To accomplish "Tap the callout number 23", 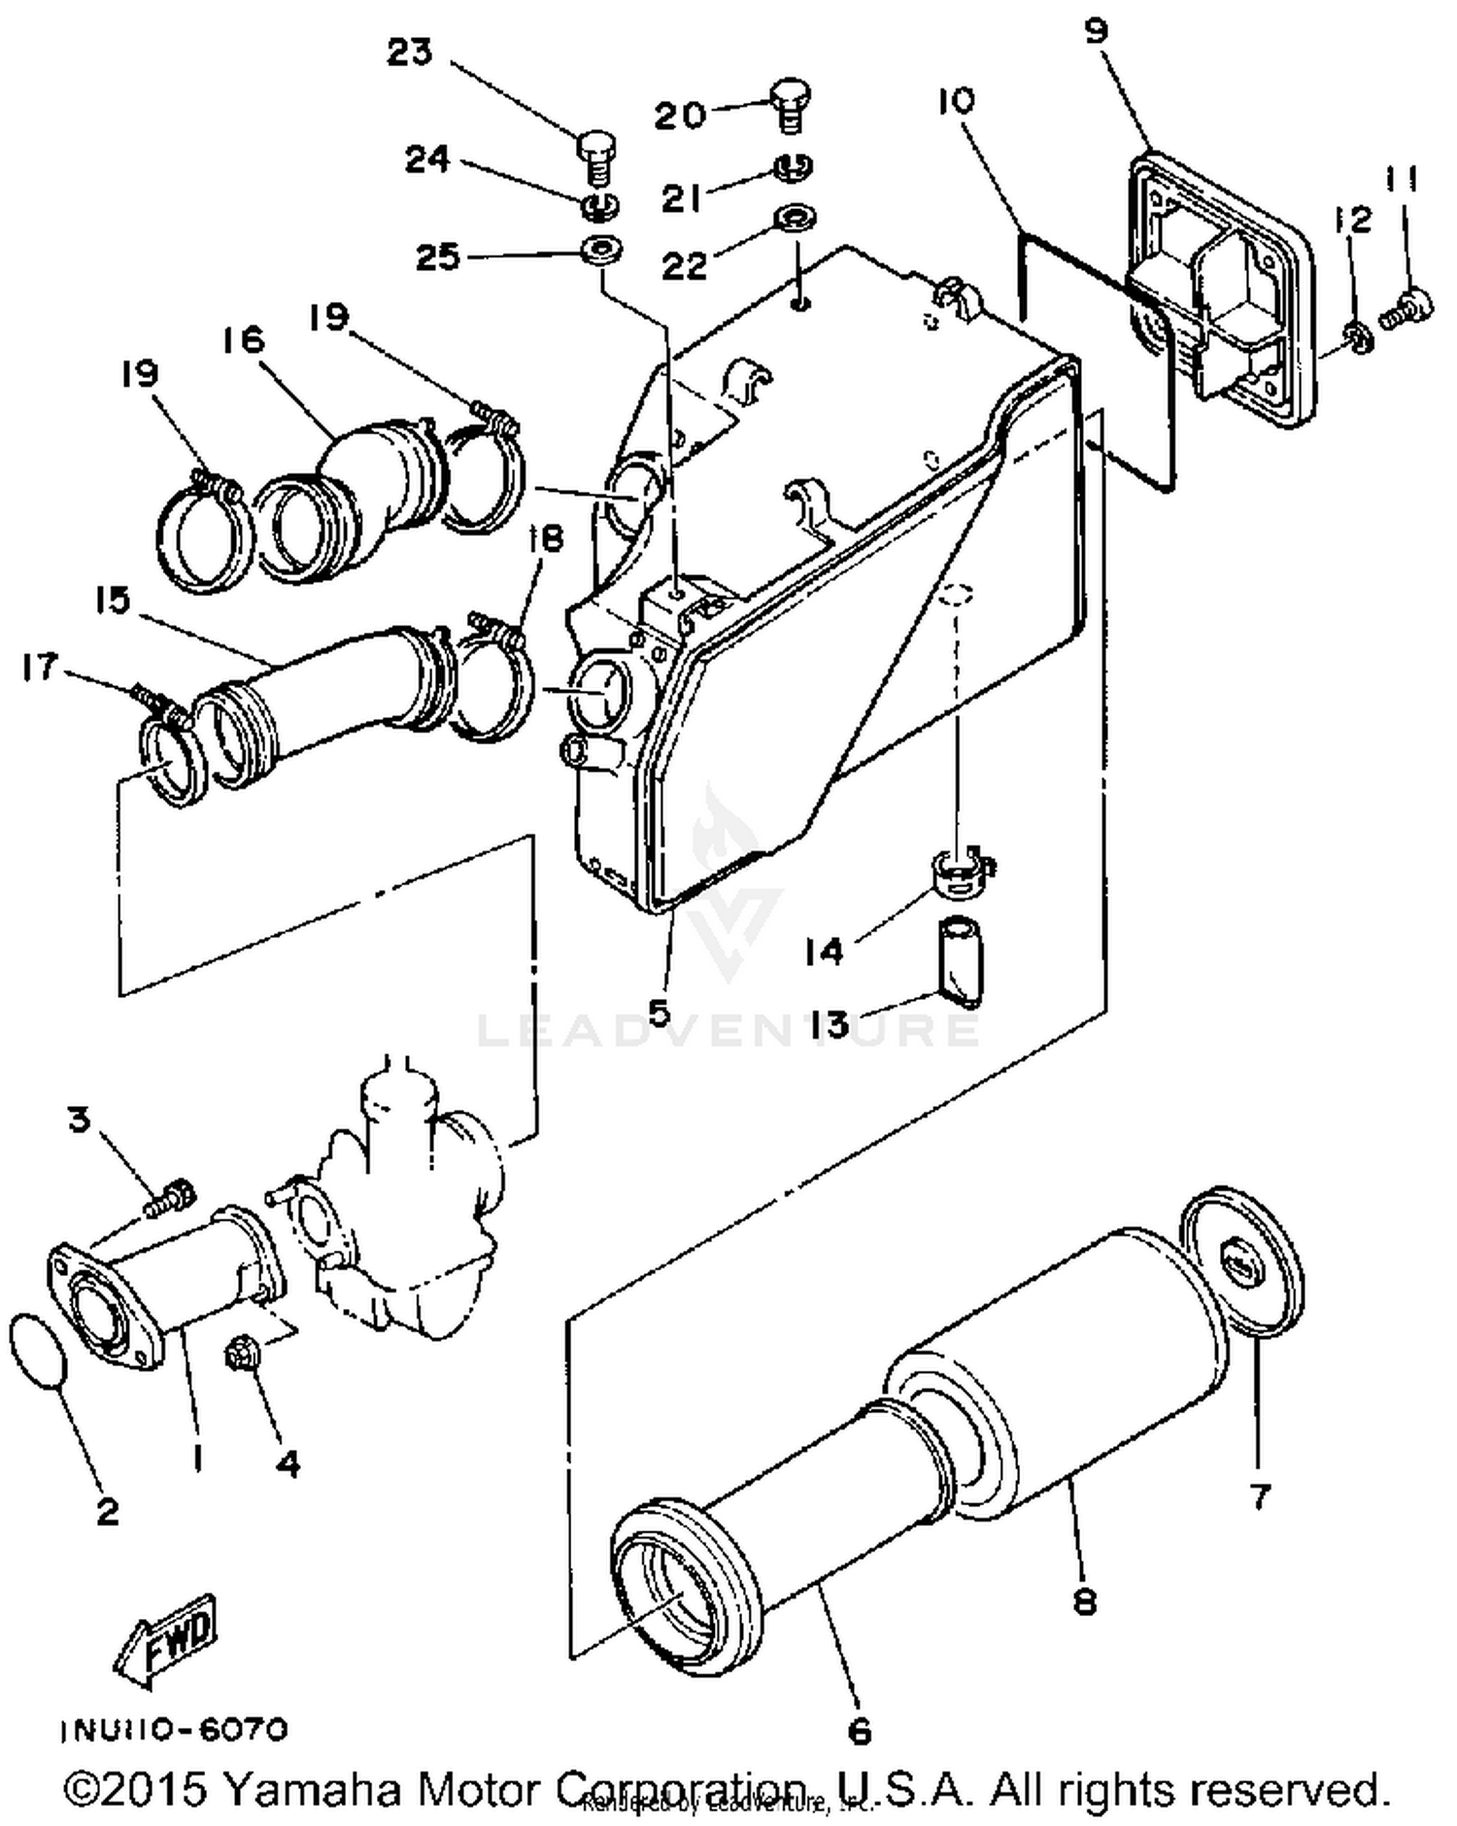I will (409, 52).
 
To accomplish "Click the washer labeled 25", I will (601, 249).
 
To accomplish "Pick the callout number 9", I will (1096, 31).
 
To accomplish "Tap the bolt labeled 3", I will (172, 1197).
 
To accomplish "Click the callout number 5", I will (659, 1013).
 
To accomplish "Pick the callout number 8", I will (1085, 1600).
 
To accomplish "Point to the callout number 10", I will (956, 100).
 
